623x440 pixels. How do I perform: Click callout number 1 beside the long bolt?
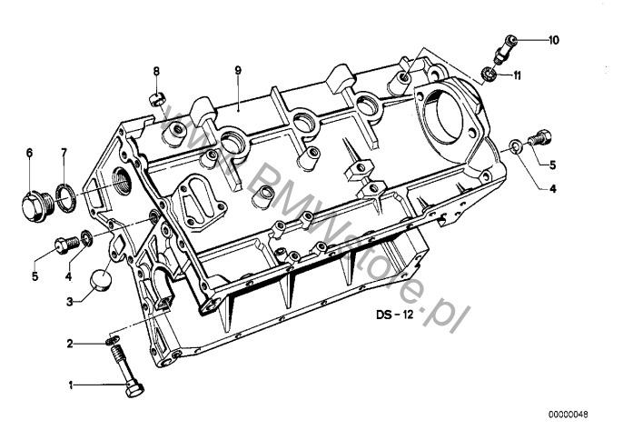click(x=71, y=385)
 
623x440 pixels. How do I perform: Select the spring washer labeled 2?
click(x=112, y=340)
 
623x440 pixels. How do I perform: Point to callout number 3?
click(x=70, y=302)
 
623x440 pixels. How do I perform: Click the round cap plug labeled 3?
click(x=101, y=279)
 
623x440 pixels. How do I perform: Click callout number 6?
click(x=29, y=153)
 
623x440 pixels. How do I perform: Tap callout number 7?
click(x=64, y=153)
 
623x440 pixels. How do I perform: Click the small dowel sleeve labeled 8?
click(x=156, y=100)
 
